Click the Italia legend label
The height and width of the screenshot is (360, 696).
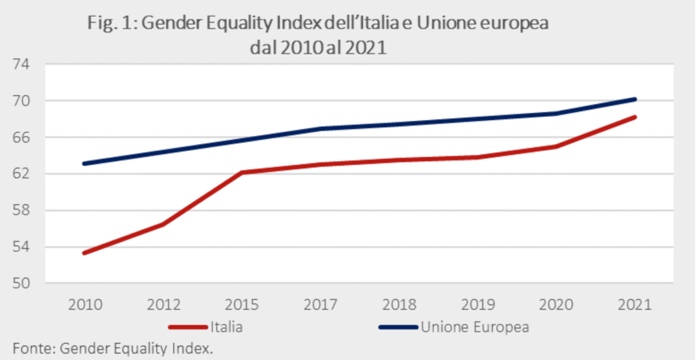[227, 326]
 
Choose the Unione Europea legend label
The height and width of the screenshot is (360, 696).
[475, 326]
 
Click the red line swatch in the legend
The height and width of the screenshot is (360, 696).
[184, 327]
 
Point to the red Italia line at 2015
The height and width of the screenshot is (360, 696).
[241, 173]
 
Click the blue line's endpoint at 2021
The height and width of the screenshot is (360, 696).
[635, 99]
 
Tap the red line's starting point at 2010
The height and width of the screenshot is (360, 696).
[83, 253]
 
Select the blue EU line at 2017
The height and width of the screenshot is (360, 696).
[319, 128]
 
